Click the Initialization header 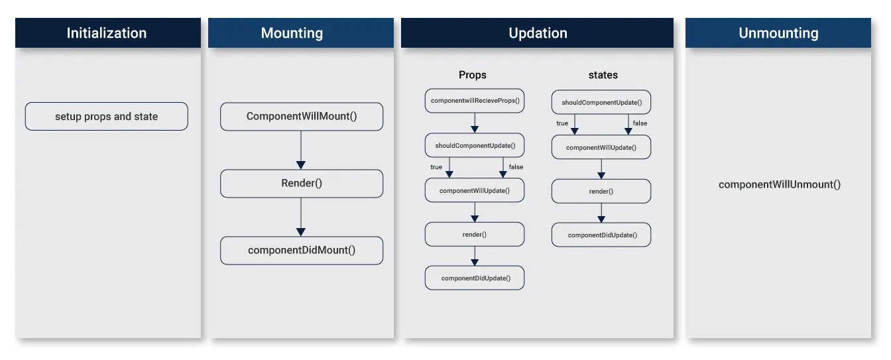(x=107, y=33)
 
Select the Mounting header (x=292, y=33)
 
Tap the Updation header (x=538, y=33)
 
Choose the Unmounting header (x=778, y=33)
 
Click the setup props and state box (x=107, y=117)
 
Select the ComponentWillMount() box (x=302, y=117)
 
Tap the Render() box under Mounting (x=302, y=184)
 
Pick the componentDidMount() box (x=302, y=251)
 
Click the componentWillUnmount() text (x=780, y=184)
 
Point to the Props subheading (x=473, y=75)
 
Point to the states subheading (x=603, y=75)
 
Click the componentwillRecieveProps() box (x=475, y=101)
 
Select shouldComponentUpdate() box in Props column (x=475, y=145)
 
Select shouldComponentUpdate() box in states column (x=601, y=103)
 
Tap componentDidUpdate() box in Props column (x=475, y=278)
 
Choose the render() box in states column (x=601, y=191)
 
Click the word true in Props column (x=436, y=167)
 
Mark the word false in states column (x=640, y=123)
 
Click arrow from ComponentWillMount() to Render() (x=301, y=150)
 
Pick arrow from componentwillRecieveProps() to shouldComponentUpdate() (x=475, y=123)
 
